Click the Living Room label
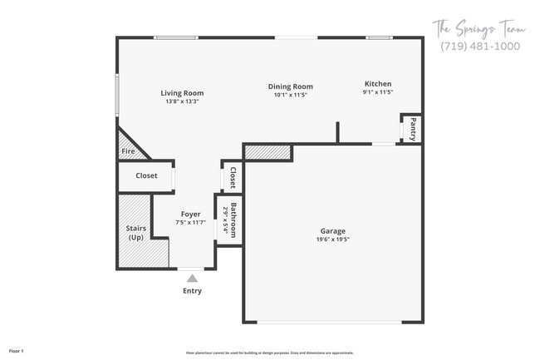[x=182, y=93]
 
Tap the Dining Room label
[x=290, y=86]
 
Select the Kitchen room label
[x=377, y=84]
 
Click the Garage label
[x=332, y=231]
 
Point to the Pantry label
[x=413, y=129]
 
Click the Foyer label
[x=190, y=214]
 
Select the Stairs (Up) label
[x=135, y=232]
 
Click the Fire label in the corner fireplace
[x=128, y=151]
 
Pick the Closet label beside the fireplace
[x=146, y=176]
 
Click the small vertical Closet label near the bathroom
[x=233, y=177]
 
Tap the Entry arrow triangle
[x=192, y=279]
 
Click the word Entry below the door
[x=192, y=291]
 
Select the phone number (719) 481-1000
[x=480, y=47]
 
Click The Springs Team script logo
[x=479, y=27]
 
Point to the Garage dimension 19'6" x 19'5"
[x=332, y=239]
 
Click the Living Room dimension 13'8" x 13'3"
[x=182, y=101]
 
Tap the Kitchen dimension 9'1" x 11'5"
[x=377, y=92]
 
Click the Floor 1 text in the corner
[x=17, y=351]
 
